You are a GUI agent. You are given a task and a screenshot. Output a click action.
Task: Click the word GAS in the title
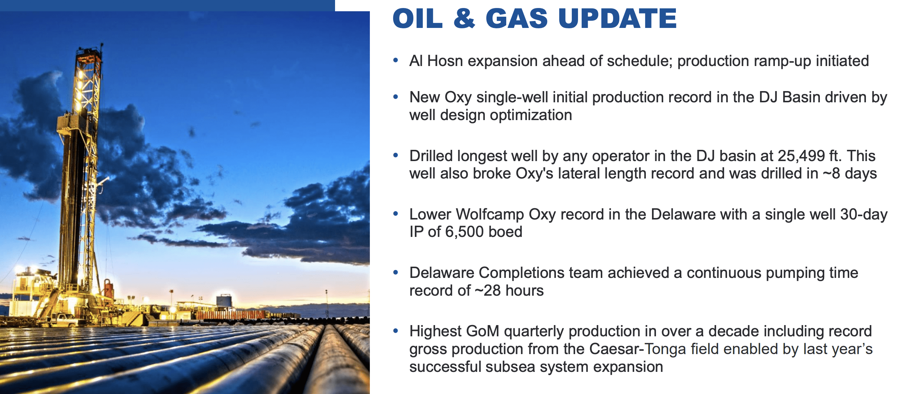(x=516, y=19)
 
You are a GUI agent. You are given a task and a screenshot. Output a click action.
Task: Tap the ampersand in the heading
(x=464, y=19)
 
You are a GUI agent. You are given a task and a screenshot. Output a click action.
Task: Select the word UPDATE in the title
(x=617, y=19)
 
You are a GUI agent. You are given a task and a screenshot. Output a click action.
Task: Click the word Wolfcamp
(x=490, y=214)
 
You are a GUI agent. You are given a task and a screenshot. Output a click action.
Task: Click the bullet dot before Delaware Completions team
(x=396, y=272)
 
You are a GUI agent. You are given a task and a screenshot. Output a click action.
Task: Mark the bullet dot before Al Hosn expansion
(x=396, y=60)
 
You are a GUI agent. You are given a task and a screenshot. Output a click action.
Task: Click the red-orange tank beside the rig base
(x=108, y=288)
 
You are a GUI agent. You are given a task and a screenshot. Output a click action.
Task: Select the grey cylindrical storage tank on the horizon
(x=224, y=301)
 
